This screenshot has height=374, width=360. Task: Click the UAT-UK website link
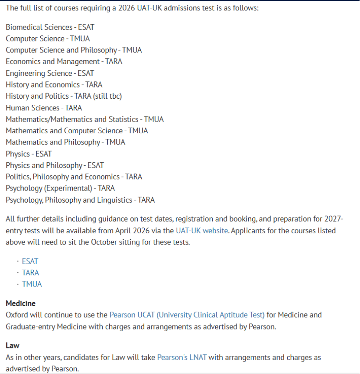click(x=201, y=231)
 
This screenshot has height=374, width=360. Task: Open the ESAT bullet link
click(x=30, y=261)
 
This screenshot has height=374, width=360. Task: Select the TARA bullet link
click(x=30, y=273)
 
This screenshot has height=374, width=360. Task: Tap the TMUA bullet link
click(x=32, y=284)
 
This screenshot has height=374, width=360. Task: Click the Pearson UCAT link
click(x=187, y=315)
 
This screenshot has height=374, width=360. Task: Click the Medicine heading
click(x=20, y=303)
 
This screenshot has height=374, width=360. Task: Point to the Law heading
click(x=13, y=346)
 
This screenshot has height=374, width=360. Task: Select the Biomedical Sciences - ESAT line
click(x=50, y=27)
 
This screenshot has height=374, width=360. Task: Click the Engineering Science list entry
click(x=50, y=73)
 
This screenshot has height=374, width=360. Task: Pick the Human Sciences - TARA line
click(x=44, y=108)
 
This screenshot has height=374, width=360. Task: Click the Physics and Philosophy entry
click(x=55, y=165)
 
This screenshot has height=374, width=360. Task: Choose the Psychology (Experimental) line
click(x=60, y=188)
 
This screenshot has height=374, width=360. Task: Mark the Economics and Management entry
click(x=64, y=61)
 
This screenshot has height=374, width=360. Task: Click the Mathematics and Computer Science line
click(x=77, y=131)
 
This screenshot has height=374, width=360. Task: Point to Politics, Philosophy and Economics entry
click(x=74, y=177)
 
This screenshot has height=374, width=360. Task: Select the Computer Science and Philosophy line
click(x=74, y=50)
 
